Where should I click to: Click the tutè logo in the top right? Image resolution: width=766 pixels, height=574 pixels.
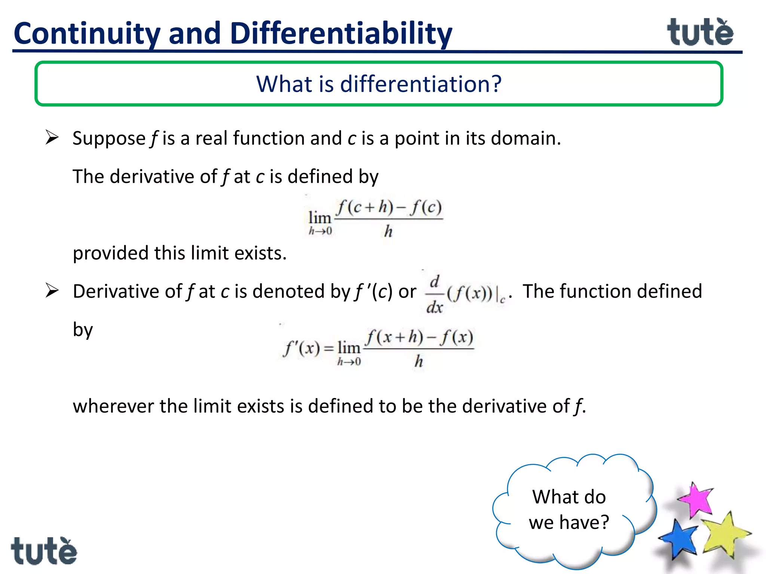pos(700,33)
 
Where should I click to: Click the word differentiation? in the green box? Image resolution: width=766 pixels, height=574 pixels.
pos(421,84)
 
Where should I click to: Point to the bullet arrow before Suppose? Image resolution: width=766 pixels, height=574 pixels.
pos(52,138)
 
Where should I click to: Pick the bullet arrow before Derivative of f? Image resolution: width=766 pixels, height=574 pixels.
pos(52,291)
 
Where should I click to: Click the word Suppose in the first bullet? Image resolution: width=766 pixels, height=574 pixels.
pos(109,138)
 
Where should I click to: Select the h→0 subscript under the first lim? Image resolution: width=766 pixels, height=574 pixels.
pos(320,231)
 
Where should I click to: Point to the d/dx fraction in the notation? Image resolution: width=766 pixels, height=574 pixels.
pos(434,295)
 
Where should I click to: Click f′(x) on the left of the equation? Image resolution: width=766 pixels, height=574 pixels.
pos(301,348)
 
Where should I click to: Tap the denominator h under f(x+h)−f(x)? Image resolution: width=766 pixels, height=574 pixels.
pos(419,361)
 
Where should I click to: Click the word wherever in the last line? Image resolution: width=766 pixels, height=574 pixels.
pos(113,406)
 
